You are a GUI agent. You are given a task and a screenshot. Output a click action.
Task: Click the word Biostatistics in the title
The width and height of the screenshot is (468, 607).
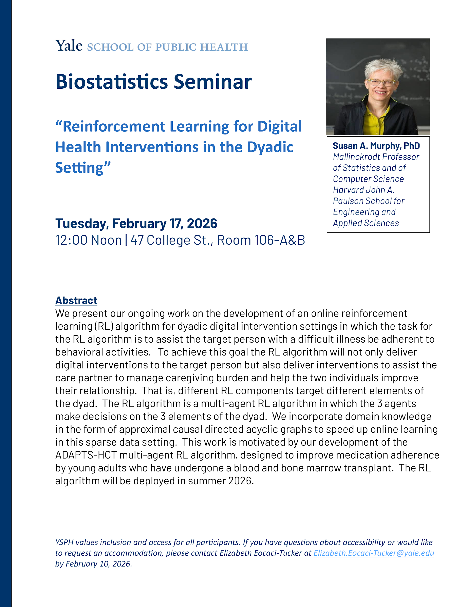pyautogui.click(x=112, y=82)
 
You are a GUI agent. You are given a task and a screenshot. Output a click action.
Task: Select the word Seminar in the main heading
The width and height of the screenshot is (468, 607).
pyautogui.click(x=213, y=82)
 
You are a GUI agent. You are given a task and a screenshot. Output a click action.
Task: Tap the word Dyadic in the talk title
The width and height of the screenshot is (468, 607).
pyautogui.click(x=270, y=147)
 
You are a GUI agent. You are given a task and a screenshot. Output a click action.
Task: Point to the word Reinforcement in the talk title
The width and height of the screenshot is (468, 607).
pyautogui.click(x=114, y=126)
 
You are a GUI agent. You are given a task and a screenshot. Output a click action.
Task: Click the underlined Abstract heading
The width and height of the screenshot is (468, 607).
pyautogui.click(x=76, y=300)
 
